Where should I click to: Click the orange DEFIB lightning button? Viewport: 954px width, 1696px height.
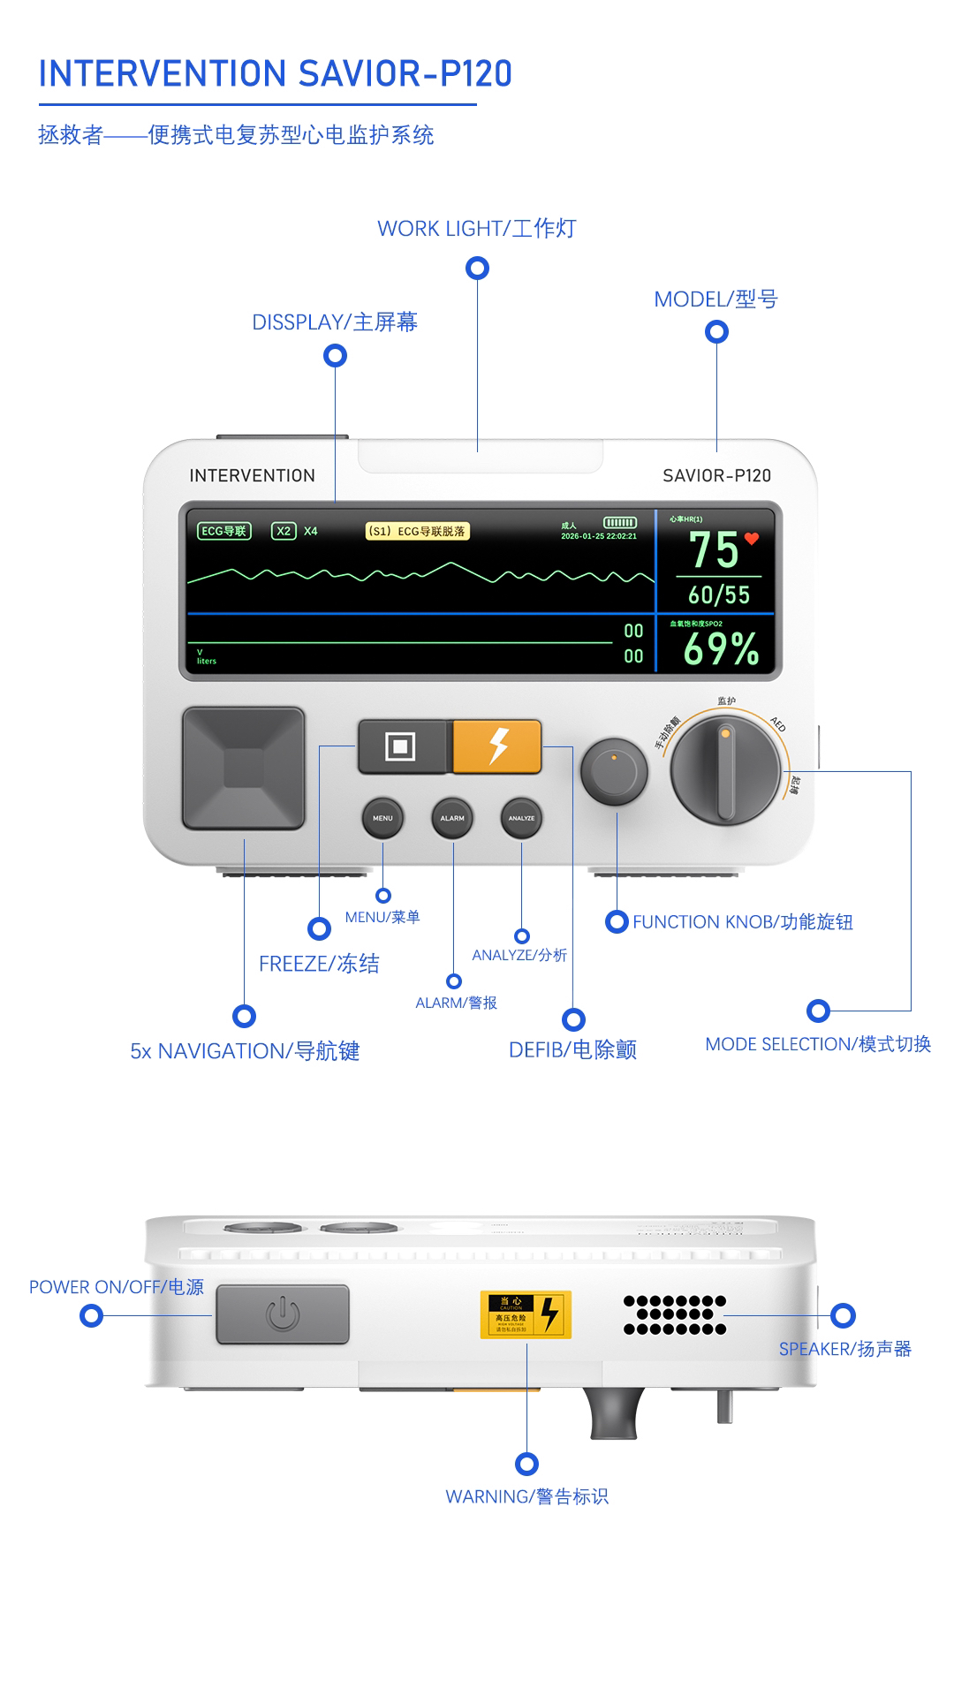497,746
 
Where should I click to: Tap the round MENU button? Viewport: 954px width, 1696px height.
382,818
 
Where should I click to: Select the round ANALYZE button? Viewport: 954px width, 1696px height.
521,818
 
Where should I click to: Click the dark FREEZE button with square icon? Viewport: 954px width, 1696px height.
401,746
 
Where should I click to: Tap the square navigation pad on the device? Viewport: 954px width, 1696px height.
244,767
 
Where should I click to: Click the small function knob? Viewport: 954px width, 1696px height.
614,771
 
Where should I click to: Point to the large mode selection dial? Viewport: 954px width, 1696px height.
725,771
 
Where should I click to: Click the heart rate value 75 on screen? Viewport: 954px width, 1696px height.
713,549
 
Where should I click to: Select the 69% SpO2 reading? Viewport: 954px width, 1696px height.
721,649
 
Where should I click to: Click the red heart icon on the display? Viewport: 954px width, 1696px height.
752,538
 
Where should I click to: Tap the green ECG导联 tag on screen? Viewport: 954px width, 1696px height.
223,531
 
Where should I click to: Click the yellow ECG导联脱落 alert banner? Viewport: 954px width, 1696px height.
417,531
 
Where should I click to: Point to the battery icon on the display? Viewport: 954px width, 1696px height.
619,523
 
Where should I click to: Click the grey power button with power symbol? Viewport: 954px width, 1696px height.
283,1314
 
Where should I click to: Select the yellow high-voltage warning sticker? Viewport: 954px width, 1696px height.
526,1314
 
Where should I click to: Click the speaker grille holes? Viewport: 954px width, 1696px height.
675,1314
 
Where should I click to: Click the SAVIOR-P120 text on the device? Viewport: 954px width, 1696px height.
716,475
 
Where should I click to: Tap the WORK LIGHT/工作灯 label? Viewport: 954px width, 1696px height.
476,228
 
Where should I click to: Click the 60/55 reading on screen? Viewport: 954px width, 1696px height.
719,595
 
